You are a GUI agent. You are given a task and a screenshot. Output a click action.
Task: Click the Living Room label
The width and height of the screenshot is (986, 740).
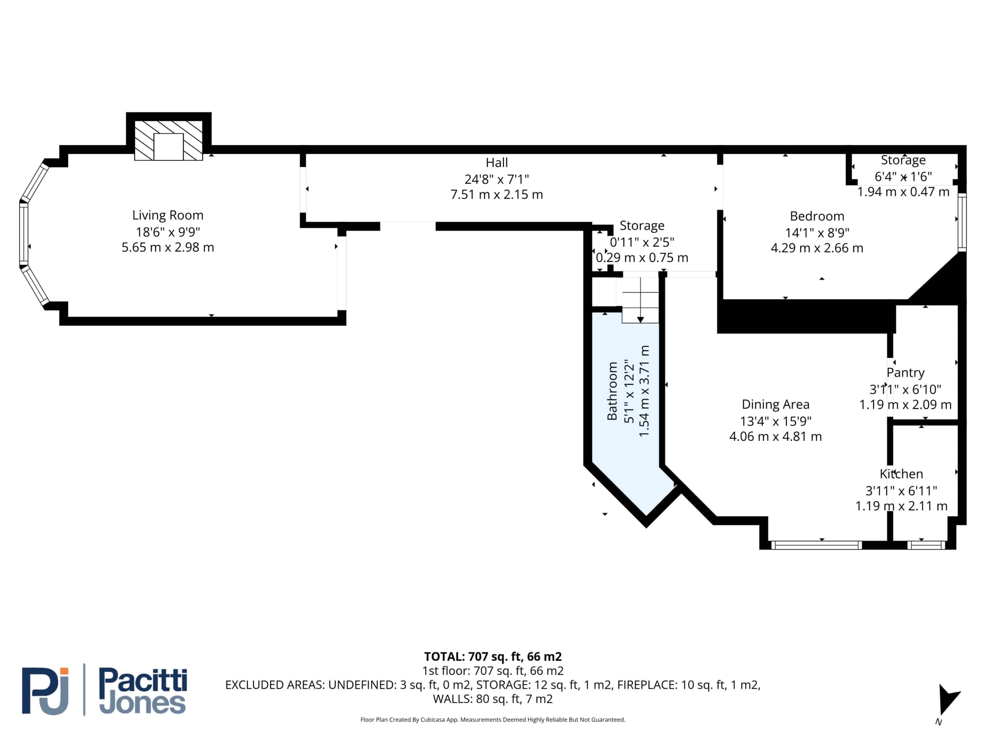coord(168,215)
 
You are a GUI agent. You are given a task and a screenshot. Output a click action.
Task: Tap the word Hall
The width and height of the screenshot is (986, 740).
coord(496,162)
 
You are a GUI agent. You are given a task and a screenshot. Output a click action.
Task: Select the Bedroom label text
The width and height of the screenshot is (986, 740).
coord(817,216)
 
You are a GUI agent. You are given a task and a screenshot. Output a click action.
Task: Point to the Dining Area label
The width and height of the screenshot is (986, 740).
coord(776,405)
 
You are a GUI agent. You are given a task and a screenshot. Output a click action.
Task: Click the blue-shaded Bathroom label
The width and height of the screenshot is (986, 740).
coord(612,391)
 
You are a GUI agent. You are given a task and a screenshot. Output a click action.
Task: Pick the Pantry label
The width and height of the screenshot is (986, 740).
coord(906,373)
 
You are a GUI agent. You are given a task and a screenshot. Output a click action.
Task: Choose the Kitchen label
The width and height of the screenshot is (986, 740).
coord(901,474)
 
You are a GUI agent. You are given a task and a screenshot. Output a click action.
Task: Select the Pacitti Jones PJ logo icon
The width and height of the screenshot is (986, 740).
coord(45,691)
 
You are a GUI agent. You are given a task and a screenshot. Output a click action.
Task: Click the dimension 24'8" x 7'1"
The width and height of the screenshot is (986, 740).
coord(496,179)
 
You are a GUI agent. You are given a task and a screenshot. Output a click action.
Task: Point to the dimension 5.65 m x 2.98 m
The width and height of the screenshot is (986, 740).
coord(168,247)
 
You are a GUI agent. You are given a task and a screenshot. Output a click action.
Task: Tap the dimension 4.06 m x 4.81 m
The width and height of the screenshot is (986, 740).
coord(776,437)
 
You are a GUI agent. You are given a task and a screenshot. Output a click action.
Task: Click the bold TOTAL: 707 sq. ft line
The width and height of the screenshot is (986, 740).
coord(493,657)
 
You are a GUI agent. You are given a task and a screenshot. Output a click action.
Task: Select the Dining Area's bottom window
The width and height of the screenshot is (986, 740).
coord(816,545)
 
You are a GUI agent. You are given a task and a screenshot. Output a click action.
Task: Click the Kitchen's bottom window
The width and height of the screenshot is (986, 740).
coord(926,545)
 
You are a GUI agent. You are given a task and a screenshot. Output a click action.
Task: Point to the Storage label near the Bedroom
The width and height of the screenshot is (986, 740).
coord(903,160)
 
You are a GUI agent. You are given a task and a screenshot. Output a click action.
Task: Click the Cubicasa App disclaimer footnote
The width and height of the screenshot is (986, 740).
coord(493,720)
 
